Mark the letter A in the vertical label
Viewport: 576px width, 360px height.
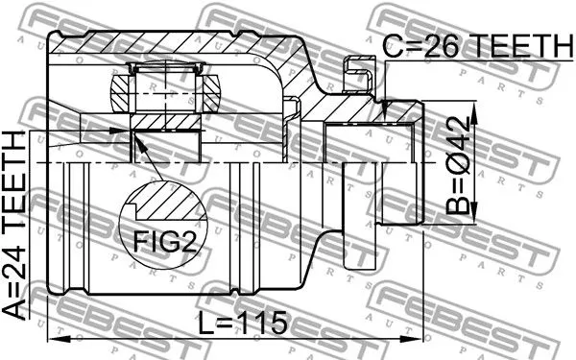click(18, 308)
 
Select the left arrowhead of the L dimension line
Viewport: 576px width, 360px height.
click(52, 338)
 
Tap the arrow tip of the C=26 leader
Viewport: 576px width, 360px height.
click(383, 116)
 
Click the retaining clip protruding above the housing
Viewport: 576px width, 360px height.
click(356, 71)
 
